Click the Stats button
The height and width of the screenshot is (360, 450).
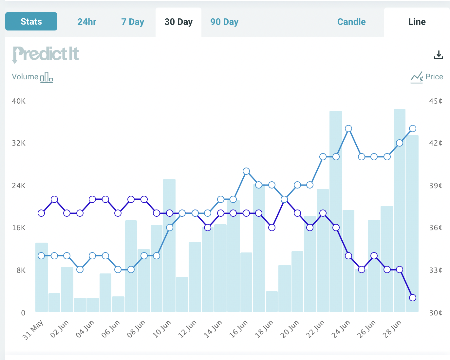point(31,21)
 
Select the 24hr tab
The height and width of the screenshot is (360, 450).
point(87,22)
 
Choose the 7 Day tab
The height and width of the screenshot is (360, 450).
point(133,22)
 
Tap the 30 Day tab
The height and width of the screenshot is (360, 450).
point(178,22)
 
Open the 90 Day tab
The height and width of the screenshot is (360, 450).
point(224,22)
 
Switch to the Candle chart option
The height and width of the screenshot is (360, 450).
point(351,22)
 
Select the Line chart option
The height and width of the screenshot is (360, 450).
point(417,22)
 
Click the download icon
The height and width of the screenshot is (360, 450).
point(438,55)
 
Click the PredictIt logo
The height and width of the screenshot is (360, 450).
point(46,54)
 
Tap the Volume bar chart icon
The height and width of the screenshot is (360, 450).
point(47,77)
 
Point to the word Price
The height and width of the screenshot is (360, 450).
point(434,77)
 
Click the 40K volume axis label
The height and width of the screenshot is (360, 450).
point(19,101)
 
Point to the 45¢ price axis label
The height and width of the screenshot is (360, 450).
point(436,101)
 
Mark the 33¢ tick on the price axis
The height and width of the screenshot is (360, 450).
point(436,270)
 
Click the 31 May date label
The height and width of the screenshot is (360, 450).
point(33,330)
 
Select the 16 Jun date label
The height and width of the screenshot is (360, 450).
point(238,329)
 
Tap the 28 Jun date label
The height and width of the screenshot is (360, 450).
point(392,329)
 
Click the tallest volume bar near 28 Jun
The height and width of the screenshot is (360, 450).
point(400,210)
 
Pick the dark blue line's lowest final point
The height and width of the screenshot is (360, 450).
point(413,298)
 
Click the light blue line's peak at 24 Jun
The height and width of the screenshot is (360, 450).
point(348,129)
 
